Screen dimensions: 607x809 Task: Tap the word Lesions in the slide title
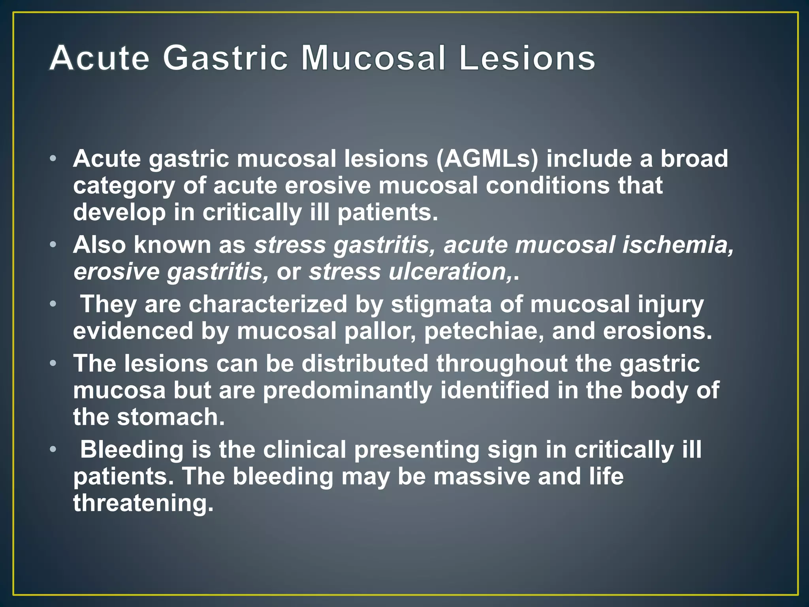coord(527,58)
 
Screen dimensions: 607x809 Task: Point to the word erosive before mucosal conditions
coord(327,185)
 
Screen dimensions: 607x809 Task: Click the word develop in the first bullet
coord(120,212)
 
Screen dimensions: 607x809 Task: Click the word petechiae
coord(484,331)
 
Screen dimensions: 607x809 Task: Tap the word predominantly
coord(348,390)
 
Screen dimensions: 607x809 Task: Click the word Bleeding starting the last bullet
coord(132,450)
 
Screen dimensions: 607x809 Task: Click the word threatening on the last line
coord(143,503)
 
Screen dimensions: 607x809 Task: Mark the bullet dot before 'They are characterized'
coord(53,304)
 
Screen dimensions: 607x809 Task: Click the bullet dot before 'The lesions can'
coord(53,363)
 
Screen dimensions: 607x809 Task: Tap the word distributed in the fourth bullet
coord(365,363)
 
